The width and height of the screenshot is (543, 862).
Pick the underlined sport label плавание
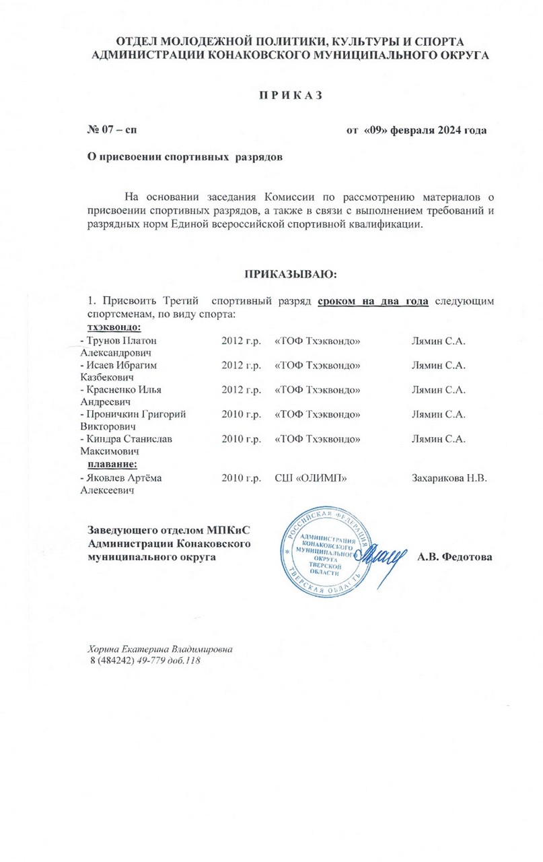coord(111,464)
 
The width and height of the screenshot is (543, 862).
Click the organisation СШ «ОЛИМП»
coord(311,477)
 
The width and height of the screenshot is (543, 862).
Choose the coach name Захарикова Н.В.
coord(449,477)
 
